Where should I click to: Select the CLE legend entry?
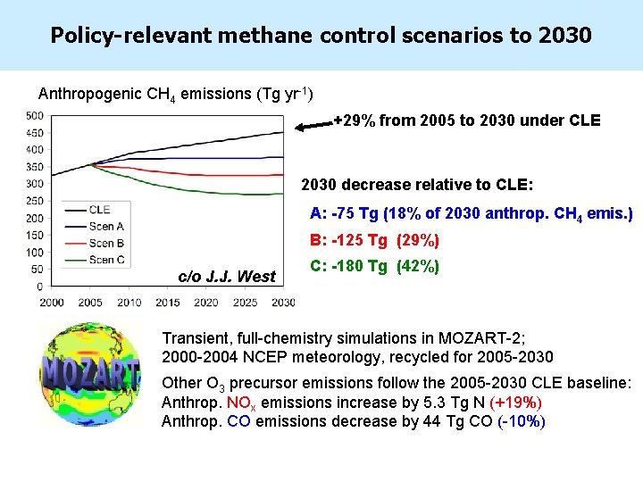point(100,210)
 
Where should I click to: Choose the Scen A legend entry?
point(106,227)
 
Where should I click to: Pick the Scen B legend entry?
point(106,243)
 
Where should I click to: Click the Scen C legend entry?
point(106,260)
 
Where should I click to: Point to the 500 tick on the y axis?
point(34,115)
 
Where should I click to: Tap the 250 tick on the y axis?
point(34,201)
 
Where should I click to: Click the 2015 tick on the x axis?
point(167,303)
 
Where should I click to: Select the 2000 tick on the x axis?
point(51,303)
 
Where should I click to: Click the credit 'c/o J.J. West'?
point(227,276)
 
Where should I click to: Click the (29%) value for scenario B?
point(417,241)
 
